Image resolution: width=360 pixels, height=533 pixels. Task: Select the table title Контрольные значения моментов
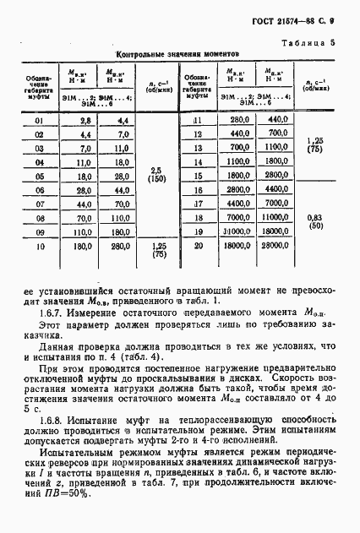[x=177, y=52]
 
